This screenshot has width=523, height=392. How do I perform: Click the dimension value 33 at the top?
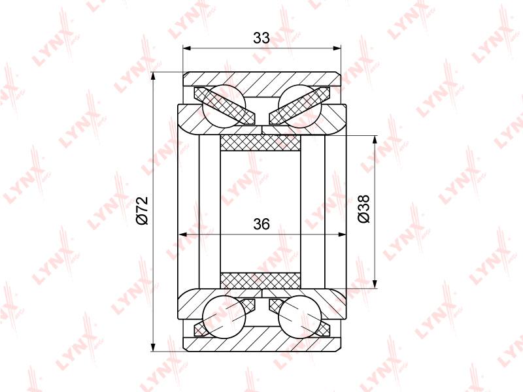coord(261,38)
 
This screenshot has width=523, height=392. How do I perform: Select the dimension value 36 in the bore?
coord(261,224)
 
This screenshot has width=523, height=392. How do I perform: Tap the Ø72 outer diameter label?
coord(142,210)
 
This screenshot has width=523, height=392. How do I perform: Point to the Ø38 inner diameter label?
coord(363,208)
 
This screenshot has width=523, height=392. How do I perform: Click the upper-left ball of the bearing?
coord(224,106)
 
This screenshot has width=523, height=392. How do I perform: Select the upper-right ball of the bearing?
coord(299,106)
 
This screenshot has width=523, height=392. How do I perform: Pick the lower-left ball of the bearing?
coord(224,317)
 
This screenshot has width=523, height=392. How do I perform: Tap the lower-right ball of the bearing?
coord(299,317)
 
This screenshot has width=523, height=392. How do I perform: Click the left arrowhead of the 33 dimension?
coord(188,48)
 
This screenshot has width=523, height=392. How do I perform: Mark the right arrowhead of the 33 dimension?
coord(337,48)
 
